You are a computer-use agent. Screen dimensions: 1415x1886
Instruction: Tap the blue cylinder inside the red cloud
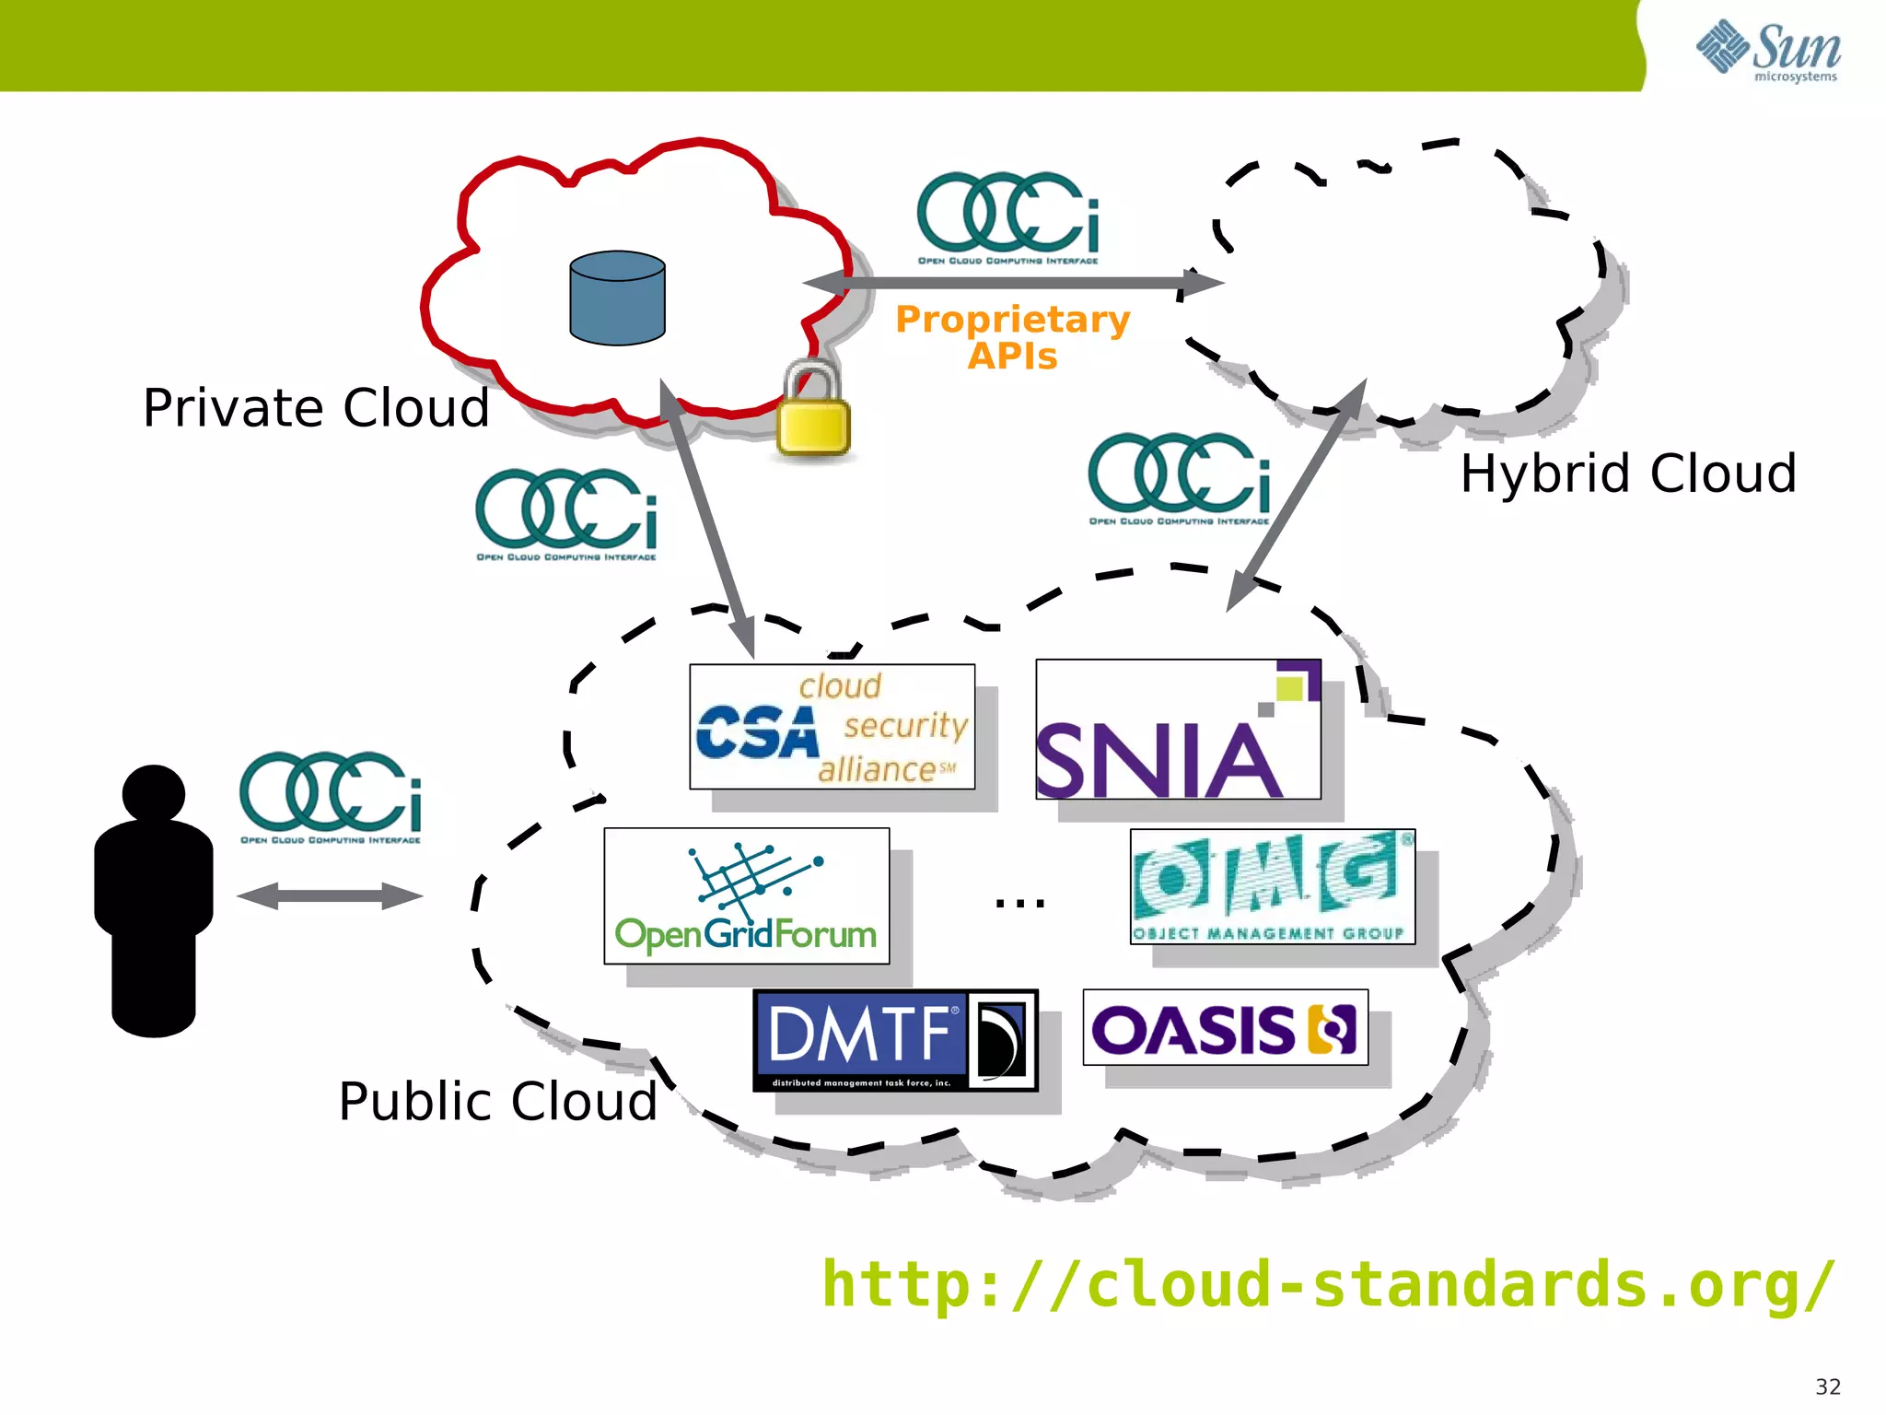coord(617,298)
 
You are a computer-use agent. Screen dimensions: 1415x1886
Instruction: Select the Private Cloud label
coord(316,408)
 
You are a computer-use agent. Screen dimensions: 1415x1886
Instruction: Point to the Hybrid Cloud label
coord(1628,474)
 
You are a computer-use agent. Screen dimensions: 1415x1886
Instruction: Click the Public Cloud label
coord(497,1101)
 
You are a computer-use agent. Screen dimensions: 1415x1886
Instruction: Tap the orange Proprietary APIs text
coord(1012,337)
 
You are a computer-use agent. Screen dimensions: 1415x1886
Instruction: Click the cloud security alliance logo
coord(832,727)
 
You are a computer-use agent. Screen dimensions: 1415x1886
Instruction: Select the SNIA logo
coord(1178,730)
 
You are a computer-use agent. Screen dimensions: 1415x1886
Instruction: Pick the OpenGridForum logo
coord(746,896)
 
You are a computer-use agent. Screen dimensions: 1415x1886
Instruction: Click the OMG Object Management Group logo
coord(1272,886)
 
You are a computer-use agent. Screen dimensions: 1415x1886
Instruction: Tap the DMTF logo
coord(895,1041)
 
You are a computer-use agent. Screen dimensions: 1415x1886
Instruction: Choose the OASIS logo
coord(1225,1028)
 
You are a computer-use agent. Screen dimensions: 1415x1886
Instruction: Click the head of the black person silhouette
coord(154,793)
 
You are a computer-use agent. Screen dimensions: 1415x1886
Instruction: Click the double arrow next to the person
coord(330,896)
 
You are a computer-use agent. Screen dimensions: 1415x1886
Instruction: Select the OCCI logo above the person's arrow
coord(331,797)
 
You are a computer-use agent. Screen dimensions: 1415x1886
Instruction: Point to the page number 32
coord(1827,1386)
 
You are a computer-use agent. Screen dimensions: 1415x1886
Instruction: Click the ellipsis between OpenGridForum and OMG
coord(1019,902)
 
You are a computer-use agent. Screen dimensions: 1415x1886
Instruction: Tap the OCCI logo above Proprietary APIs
coord(1008,217)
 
